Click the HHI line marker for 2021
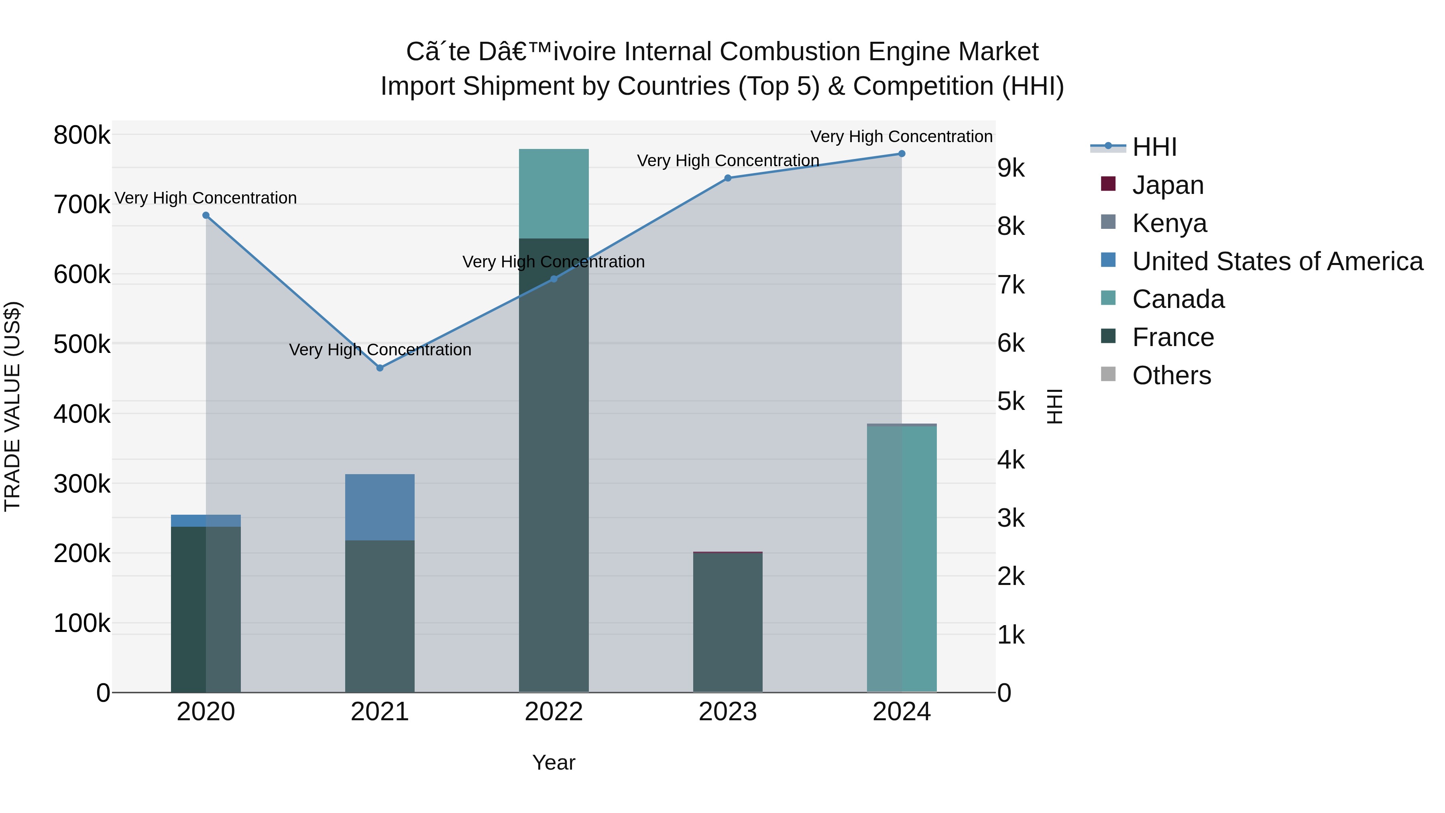coord(380,368)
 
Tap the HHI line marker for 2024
coord(902,154)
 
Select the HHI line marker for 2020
coord(206,216)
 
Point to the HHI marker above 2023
coord(728,178)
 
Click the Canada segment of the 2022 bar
coord(554,194)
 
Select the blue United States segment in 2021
coord(380,507)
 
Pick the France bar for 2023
coord(728,623)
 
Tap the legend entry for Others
coord(1171,375)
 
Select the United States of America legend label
coord(1277,261)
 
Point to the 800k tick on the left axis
coord(82,135)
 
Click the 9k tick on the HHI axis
coord(1011,168)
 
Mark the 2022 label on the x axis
coord(554,712)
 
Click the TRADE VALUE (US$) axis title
coord(12,406)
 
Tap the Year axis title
coord(554,762)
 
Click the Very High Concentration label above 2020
coord(206,198)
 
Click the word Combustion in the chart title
coord(790,52)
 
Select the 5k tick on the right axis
coord(1011,402)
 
